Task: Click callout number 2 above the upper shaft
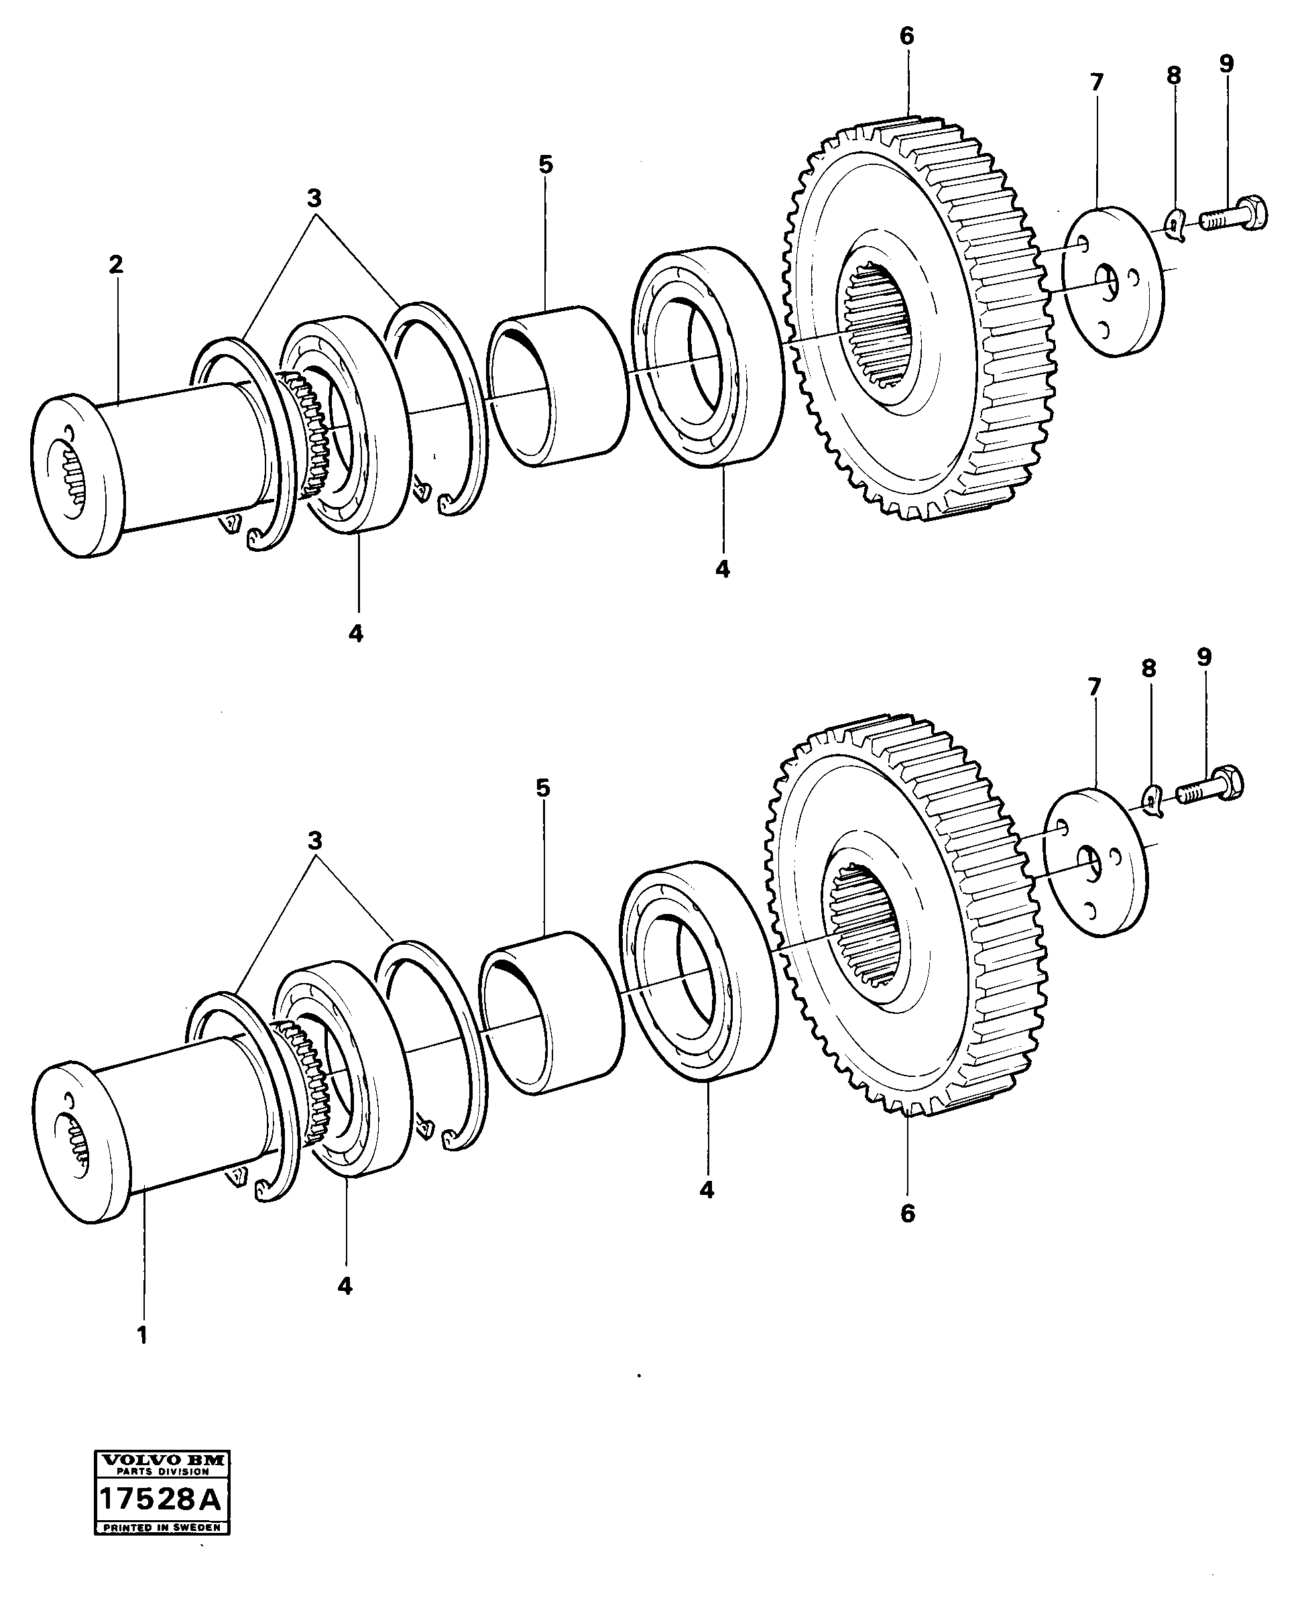(x=115, y=265)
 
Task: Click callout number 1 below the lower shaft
(x=142, y=1335)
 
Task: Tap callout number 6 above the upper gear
(x=907, y=36)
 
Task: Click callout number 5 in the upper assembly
(x=546, y=164)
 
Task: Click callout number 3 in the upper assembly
(x=314, y=198)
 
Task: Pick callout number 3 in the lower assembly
(x=314, y=840)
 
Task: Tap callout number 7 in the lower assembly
(x=1094, y=687)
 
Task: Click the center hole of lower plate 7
(x=1088, y=858)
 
